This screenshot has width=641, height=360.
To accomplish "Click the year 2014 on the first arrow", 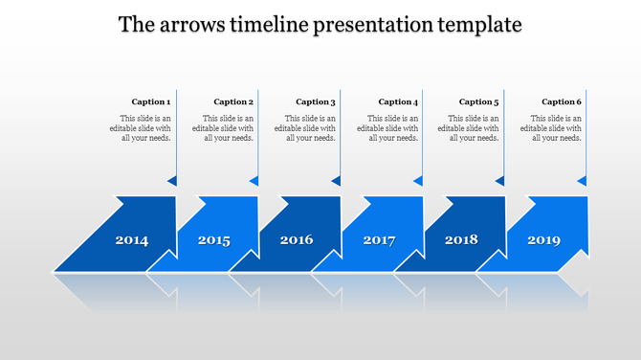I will (132, 240).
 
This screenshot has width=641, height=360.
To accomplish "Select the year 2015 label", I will (214, 240).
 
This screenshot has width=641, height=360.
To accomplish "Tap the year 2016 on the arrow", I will (297, 239).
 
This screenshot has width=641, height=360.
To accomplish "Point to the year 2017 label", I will (379, 240).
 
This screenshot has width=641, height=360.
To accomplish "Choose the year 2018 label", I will (461, 239).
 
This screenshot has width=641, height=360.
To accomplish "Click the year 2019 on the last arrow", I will (543, 239).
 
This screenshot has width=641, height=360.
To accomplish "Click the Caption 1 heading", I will (151, 101).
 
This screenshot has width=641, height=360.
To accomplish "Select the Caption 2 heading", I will (233, 101).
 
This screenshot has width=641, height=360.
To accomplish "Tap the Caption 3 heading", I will (316, 101).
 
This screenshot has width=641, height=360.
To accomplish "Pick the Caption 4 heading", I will (398, 101).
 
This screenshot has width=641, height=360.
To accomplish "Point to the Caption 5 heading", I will (479, 101).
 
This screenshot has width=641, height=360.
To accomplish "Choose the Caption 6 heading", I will (562, 101).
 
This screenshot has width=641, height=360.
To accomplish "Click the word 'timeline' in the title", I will (267, 25).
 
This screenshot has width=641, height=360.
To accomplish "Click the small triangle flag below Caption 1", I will (172, 180).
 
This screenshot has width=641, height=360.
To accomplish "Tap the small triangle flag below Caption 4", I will (418, 180).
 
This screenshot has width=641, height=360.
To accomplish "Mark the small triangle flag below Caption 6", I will (582, 180).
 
